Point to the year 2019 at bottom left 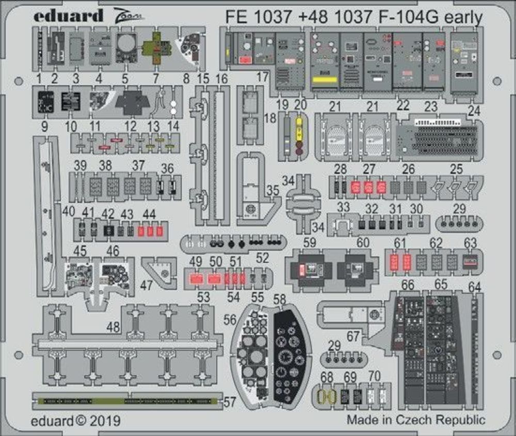pos(106,421)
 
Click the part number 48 pos(114,327)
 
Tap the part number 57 pos(231,400)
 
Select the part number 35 pos(273,190)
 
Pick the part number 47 pos(147,284)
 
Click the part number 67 pos(353,336)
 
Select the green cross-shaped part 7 pos(157,47)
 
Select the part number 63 pos(470,243)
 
